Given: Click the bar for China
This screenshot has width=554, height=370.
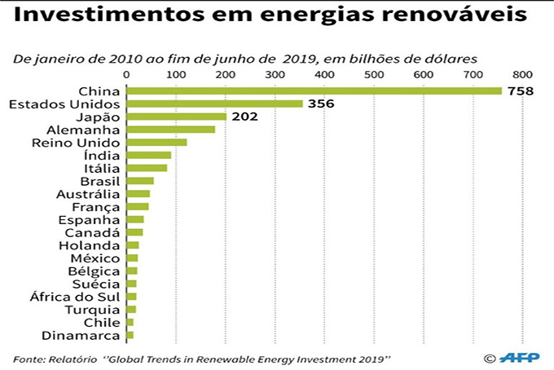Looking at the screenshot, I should (314, 90).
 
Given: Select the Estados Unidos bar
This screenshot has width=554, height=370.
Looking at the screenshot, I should (214, 104).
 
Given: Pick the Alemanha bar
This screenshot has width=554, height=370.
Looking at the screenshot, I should (170, 130).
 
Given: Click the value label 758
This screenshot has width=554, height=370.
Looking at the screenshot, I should (520, 90).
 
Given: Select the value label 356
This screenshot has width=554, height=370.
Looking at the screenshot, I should (322, 104).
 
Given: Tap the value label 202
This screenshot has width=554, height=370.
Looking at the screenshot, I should (244, 117).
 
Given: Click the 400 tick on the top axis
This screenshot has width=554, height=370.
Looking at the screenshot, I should (326, 74).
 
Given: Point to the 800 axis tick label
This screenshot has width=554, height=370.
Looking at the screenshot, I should (522, 74).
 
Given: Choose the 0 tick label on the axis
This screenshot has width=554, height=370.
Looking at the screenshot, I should (126, 74).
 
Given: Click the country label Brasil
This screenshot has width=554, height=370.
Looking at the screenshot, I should (99, 181).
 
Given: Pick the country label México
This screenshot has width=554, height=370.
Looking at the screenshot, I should (96, 258).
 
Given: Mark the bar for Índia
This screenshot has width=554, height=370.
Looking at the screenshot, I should (149, 155).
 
